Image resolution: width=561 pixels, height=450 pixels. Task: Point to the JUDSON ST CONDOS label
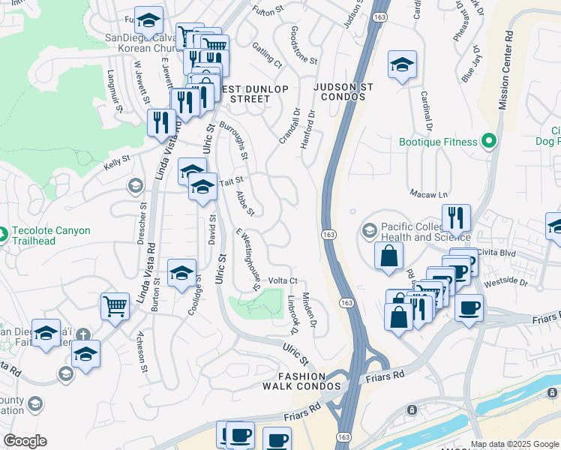343,93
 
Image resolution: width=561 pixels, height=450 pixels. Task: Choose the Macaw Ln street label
428,193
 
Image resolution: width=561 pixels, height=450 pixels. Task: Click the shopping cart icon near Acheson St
115,307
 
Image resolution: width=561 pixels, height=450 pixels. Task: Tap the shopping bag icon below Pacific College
389,256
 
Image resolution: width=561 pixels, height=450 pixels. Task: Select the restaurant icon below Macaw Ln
456,218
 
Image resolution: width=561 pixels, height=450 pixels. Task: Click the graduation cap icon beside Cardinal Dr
402,65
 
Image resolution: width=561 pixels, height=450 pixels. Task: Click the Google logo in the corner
25,441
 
